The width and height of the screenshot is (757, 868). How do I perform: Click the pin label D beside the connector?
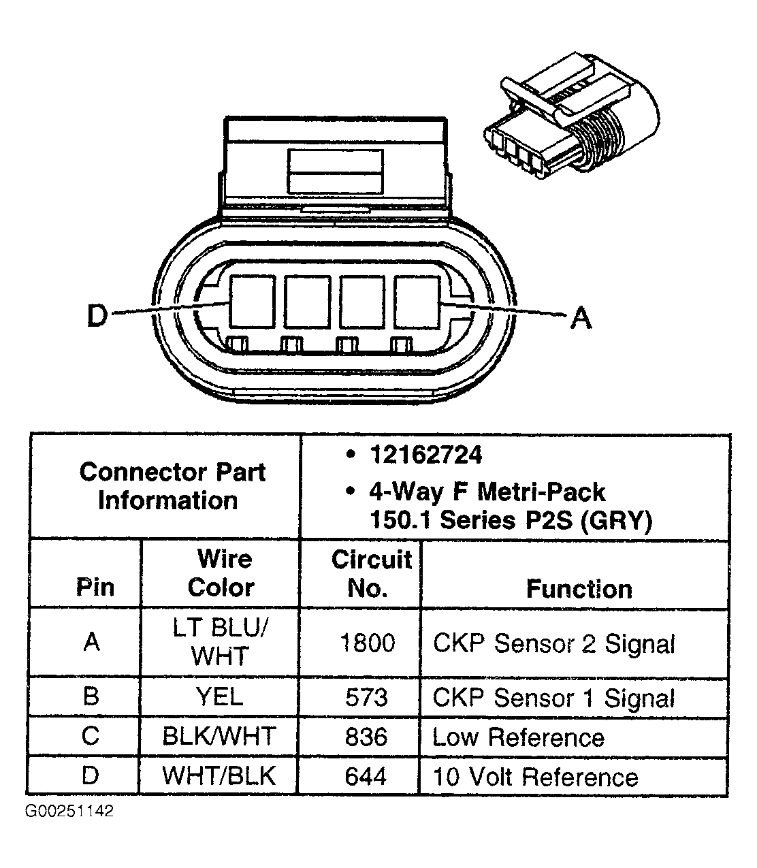click(97, 316)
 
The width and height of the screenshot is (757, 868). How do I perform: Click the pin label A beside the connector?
click(580, 317)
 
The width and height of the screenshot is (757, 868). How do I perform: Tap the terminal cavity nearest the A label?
click(417, 300)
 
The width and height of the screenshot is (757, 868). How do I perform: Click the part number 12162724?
click(425, 455)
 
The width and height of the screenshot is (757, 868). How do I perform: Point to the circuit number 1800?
click(366, 643)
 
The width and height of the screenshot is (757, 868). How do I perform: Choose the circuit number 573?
click(366, 697)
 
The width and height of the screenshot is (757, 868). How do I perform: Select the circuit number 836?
click(366, 737)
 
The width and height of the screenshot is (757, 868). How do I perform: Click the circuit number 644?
click(366, 776)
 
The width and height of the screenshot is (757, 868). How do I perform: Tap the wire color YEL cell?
click(219, 696)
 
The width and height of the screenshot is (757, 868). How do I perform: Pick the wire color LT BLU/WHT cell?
click(219, 642)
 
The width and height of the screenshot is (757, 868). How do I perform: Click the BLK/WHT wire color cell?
click(219, 737)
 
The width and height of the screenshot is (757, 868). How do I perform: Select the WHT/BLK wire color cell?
click(219, 776)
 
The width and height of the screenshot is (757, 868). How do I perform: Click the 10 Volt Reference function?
click(535, 777)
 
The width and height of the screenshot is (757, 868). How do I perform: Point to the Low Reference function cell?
click(518, 737)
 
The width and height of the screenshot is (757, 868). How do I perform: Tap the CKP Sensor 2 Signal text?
click(553, 643)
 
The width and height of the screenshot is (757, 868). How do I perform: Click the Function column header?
click(579, 589)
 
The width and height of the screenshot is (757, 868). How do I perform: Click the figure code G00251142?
click(69, 811)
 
